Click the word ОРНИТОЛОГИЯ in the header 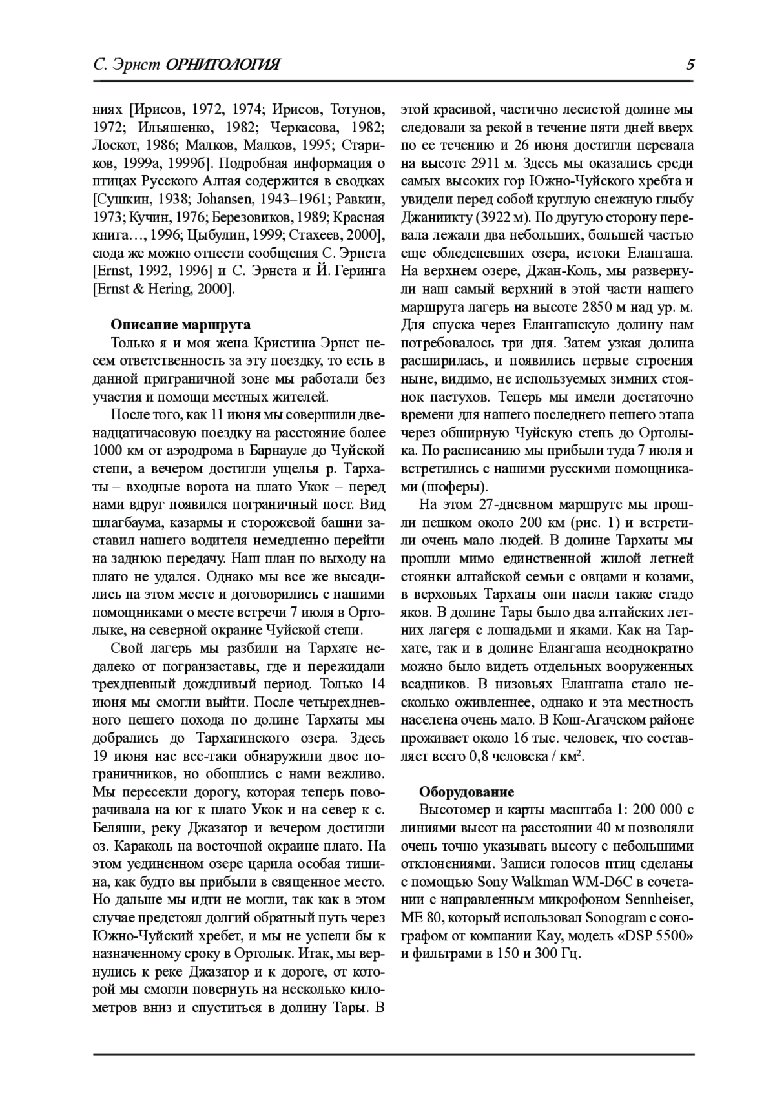coord(222,65)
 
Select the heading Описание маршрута coord(181,324)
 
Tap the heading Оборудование coord(467,792)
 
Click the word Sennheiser coord(656,900)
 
